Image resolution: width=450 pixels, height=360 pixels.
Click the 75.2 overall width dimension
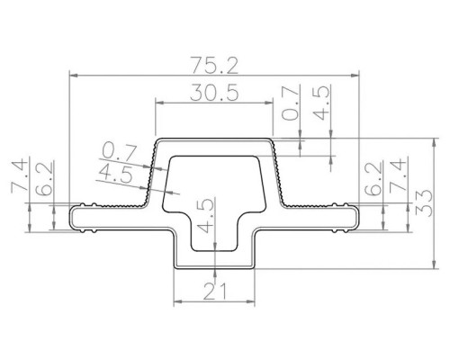(215, 66)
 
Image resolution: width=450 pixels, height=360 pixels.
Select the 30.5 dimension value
(215, 92)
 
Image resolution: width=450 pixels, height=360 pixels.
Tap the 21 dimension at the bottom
(215, 292)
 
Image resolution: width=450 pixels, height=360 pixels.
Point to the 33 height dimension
(424, 203)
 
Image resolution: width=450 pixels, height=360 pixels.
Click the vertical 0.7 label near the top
(292, 103)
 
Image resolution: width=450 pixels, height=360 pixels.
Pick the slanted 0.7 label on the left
(119, 152)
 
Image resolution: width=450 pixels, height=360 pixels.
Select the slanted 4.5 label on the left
(114, 174)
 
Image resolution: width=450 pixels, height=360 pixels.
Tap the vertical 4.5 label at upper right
(321, 103)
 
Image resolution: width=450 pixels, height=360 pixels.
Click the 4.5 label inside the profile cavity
(206, 215)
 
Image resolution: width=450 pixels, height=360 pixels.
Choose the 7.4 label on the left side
(20, 177)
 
